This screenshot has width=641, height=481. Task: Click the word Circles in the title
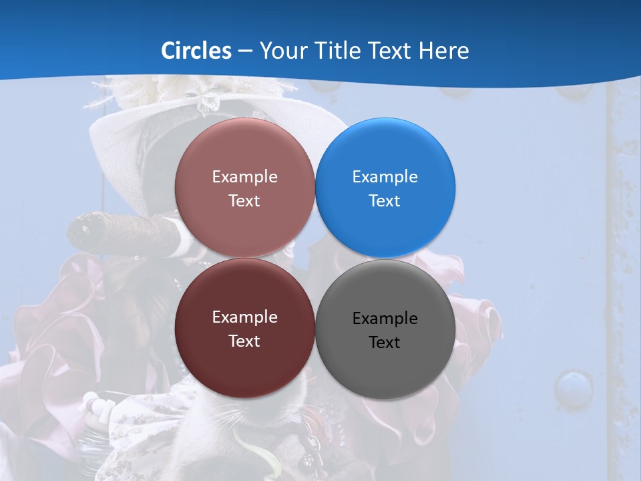(196, 51)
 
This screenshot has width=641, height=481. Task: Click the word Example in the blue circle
(385, 177)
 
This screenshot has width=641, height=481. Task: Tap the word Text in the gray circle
(385, 343)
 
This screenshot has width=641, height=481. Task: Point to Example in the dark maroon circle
(244, 317)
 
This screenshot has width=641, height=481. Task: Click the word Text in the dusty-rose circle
(244, 201)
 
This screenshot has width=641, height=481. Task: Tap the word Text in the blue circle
(385, 201)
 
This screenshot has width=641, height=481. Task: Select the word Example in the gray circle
(385, 319)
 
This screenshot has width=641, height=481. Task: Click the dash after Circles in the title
(245, 51)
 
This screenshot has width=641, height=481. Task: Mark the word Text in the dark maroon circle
(244, 341)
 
